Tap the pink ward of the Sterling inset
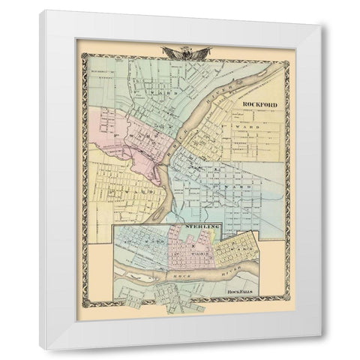(184, 250)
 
